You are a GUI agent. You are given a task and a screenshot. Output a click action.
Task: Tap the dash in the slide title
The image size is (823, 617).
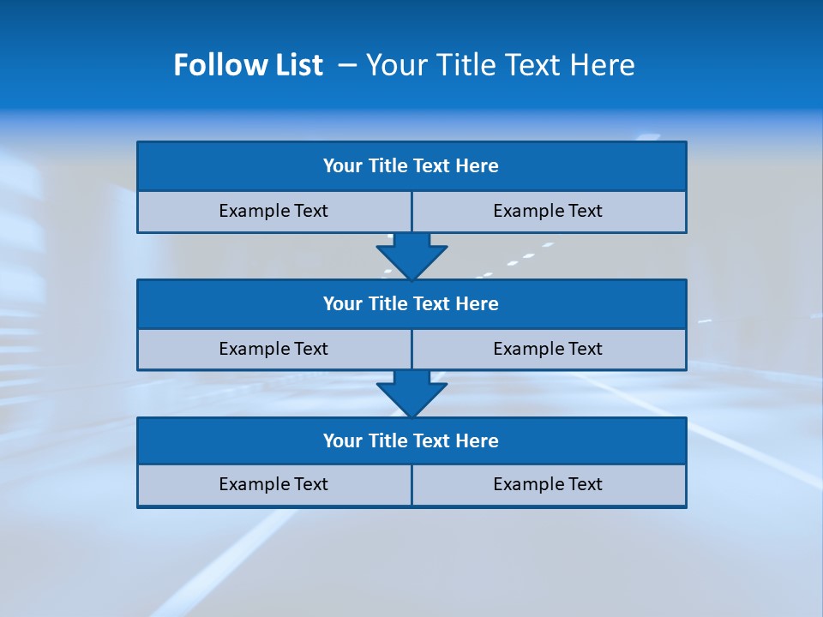[347, 65]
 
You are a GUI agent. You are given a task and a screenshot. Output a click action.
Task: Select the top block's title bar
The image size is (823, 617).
[411, 166]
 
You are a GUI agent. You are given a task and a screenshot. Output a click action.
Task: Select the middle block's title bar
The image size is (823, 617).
[411, 304]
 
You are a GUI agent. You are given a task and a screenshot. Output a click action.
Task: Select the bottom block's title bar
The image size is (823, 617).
[411, 441]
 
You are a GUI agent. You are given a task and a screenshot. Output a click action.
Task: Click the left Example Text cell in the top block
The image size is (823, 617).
[274, 212]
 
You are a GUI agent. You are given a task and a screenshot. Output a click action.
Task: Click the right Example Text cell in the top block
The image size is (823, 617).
[549, 212]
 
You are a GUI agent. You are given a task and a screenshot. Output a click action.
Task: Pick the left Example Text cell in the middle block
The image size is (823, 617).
[274, 350]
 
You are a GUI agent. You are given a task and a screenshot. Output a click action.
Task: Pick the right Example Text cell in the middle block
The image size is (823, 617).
[549, 350]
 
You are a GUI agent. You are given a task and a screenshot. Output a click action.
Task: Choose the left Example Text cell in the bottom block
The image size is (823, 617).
[274, 485]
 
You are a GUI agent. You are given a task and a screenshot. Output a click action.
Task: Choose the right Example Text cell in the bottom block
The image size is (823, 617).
[549, 485]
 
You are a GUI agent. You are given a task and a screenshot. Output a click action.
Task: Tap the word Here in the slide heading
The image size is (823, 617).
[600, 65]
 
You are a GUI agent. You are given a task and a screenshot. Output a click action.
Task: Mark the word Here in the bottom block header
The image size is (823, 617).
[478, 441]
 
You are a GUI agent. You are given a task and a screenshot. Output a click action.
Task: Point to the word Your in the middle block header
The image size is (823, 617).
[343, 304]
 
